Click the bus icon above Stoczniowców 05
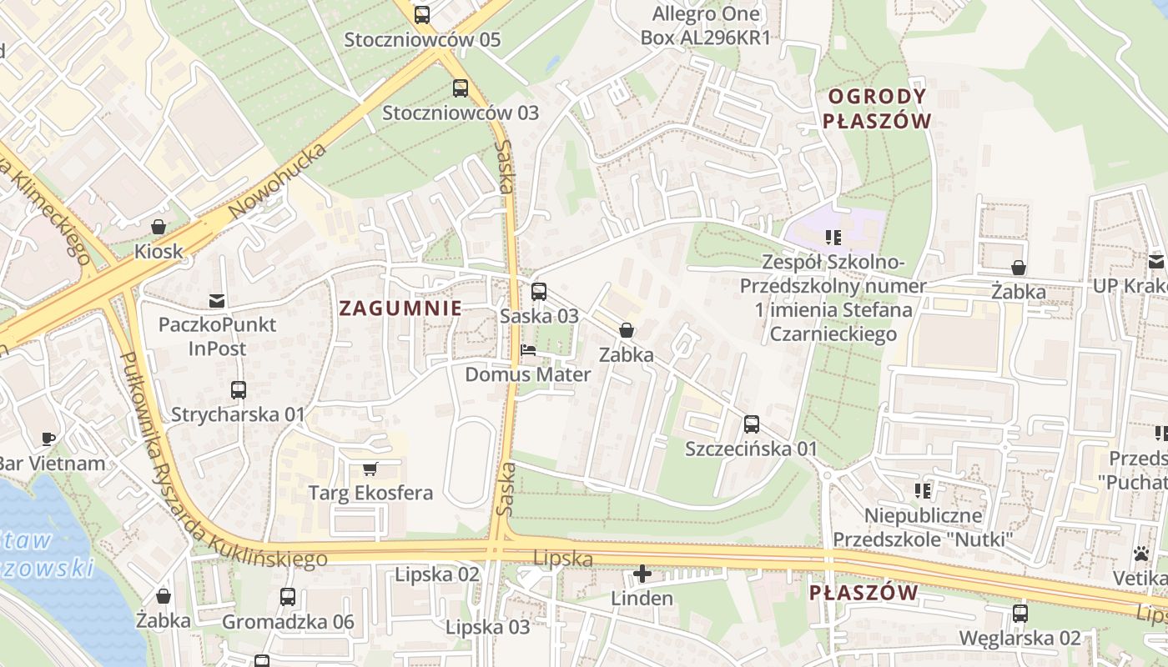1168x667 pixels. point(422,15)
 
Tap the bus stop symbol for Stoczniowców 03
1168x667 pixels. point(460,88)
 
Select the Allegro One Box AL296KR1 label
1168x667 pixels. point(706,26)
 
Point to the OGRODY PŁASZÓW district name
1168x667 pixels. point(876,108)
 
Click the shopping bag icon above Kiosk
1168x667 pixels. point(159,227)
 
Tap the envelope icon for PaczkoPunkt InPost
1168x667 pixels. point(217,300)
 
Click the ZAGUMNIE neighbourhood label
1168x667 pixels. point(400,308)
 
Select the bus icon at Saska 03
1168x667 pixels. point(539,292)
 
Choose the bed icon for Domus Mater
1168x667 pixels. point(527,350)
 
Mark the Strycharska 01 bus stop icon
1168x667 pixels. point(239,390)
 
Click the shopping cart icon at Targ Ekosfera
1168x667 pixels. point(370,469)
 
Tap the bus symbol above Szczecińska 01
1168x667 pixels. point(751,424)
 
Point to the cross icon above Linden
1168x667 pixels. point(642,574)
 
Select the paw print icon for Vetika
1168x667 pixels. point(1140,554)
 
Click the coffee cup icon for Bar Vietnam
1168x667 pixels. point(48,439)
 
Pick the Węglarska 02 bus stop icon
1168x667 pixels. point(1019,614)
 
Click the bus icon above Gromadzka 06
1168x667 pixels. point(288,597)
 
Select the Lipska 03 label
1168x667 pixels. point(487,627)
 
